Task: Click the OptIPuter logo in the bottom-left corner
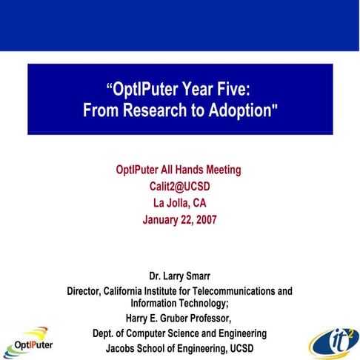[x=30, y=342]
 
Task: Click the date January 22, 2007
[x=179, y=219]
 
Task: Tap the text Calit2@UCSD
[x=179, y=187]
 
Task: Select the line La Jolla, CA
[x=179, y=203]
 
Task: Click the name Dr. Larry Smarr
[x=179, y=277]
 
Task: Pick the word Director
[x=87, y=291]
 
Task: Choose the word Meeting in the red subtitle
[x=220, y=170]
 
